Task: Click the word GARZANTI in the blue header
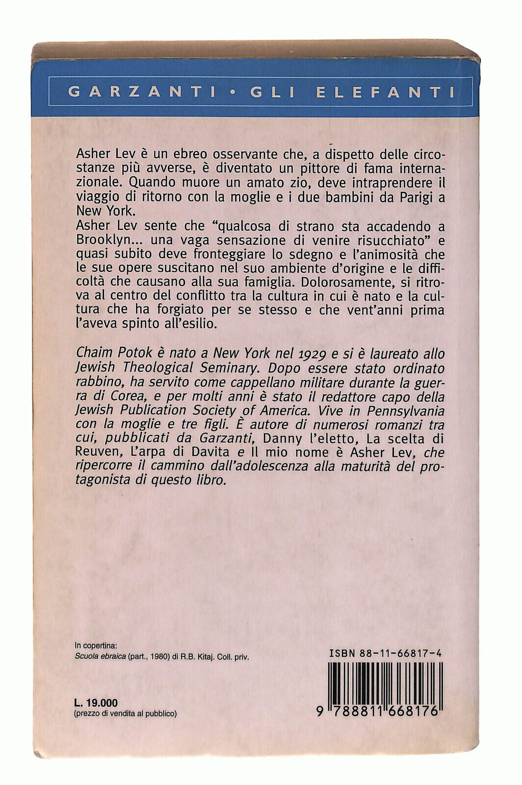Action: click(x=135, y=92)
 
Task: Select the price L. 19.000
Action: click(x=96, y=703)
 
